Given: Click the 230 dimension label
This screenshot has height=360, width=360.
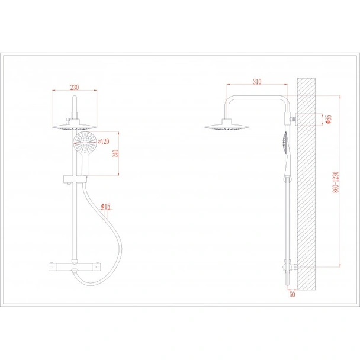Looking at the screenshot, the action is click(75, 88).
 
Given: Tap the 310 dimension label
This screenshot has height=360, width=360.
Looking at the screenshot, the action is click(257, 82).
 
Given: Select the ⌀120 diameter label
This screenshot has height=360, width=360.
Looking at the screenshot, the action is click(103, 142).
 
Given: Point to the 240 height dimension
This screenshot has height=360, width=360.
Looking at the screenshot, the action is click(116, 153).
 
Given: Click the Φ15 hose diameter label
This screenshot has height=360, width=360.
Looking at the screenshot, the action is click(105, 207).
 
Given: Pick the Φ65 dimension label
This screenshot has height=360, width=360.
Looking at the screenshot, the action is click(329, 119).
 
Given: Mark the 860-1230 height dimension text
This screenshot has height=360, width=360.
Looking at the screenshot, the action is click(336, 182).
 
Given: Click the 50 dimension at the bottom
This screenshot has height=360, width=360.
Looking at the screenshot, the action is click(292, 294).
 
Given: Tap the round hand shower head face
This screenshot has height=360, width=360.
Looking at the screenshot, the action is click(85, 143).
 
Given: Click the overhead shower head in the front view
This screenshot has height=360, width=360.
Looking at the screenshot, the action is click(75, 127).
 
